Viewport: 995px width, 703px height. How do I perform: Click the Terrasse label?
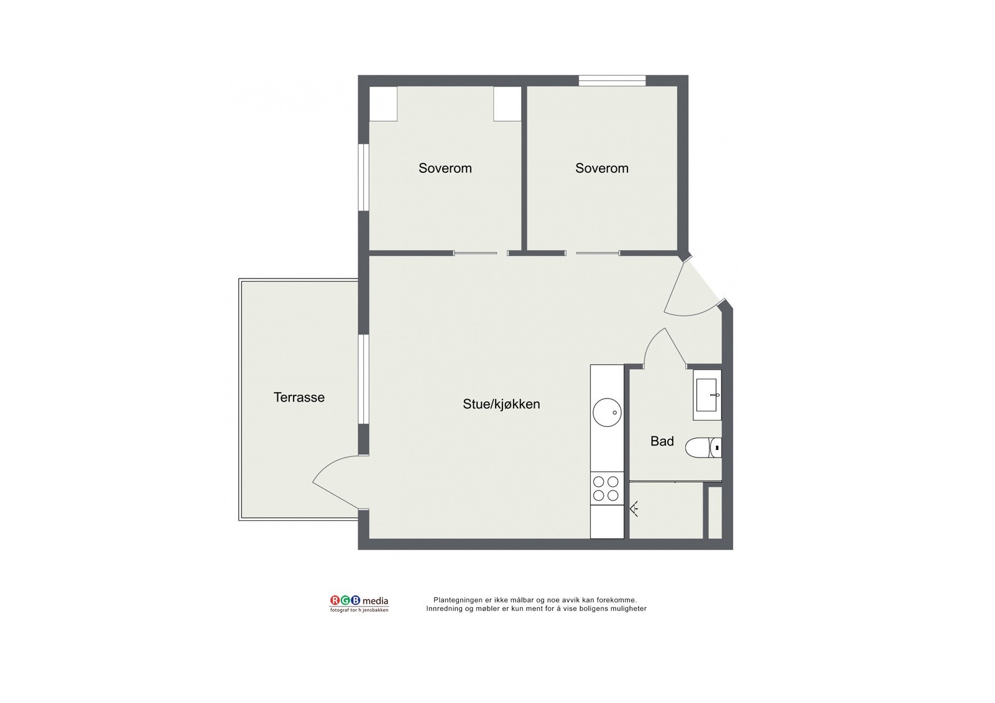pos(299,397)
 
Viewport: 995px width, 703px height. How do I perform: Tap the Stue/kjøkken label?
pos(501,404)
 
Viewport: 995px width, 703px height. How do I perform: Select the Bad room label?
pos(662,441)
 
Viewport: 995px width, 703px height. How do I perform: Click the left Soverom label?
pos(445,168)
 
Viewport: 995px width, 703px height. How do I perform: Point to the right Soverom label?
pos(602,168)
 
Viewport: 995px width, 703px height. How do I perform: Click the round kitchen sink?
pos(606,411)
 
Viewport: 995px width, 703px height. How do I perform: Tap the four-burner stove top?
pos(606,488)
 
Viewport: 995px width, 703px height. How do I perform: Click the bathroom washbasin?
pos(708,395)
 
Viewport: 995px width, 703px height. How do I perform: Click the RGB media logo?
pos(359,602)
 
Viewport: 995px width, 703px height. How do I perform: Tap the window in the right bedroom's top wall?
pos(612,81)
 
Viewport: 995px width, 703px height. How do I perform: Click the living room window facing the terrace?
pos(364,379)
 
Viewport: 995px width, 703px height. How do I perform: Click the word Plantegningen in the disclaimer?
pos(459,600)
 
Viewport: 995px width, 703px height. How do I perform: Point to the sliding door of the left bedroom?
pos(476,253)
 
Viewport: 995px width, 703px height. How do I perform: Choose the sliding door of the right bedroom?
pos(598,253)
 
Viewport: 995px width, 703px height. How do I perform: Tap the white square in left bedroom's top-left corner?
pos(383,104)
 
